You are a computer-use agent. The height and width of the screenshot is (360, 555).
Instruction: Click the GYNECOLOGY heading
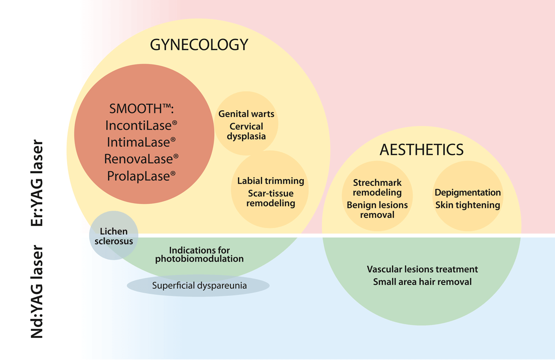[199, 45]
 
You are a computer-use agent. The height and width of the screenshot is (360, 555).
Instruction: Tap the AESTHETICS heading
[421, 150]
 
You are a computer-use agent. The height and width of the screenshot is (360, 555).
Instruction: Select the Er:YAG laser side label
[37, 183]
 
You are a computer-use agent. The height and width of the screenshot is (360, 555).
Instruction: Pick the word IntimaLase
[141, 142]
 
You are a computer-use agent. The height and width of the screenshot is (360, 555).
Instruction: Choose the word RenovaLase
[141, 159]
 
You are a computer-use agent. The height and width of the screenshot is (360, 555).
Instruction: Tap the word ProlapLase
[141, 176]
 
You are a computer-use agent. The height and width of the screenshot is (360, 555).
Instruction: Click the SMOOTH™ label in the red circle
[141, 109]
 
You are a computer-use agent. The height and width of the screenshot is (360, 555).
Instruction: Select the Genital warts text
[247, 114]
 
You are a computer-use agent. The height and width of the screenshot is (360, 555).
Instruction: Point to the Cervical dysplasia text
[247, 131]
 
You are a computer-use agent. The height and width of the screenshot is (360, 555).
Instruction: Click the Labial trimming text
[271, 181]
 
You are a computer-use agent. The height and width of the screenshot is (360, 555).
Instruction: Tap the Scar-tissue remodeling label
[271, 198]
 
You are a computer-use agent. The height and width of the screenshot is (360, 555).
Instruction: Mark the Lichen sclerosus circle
[114, 236]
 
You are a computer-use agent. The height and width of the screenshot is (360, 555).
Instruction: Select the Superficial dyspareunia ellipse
[199, 286]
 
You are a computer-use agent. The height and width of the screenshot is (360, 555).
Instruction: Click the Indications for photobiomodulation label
[199, 254]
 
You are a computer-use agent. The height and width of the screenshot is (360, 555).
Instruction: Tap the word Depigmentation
[468, 192]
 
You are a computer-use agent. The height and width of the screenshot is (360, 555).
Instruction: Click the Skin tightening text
[468, 205]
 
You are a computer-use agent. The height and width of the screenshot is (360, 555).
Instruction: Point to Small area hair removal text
[422, 281]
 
